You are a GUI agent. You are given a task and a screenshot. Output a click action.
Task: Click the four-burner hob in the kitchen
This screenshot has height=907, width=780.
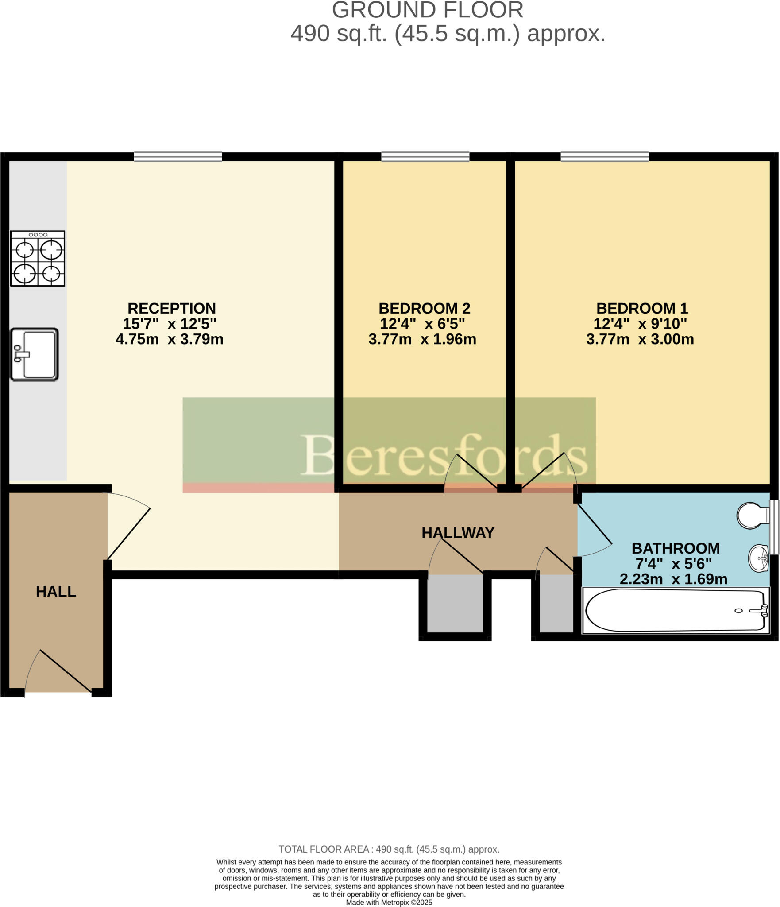click(x=38, y=259)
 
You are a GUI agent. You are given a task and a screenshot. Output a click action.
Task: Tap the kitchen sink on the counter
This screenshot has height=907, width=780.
click(x=35, y=354)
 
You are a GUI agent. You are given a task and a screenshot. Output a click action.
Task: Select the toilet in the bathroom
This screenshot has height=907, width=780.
click(x=753, y=515)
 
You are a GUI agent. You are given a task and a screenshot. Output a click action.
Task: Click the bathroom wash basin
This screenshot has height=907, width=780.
click(x=759, y=559)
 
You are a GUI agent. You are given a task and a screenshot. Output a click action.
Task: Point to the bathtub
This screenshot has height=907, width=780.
click(x=676, y=611)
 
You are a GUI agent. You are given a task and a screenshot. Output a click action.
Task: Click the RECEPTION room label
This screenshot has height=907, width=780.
click(x=172, y=308)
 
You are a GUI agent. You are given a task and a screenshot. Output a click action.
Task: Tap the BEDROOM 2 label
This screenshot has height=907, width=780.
click(x=424, y=308)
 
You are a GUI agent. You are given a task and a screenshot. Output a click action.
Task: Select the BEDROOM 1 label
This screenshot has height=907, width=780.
click(x=642, y=308)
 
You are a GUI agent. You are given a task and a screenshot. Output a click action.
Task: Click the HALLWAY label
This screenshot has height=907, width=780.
click(x=458, y=533)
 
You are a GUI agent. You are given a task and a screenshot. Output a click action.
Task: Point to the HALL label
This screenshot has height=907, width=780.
click(x=56, y=592)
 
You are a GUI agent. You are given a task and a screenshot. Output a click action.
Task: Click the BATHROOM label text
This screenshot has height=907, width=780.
click(x=676, y=548)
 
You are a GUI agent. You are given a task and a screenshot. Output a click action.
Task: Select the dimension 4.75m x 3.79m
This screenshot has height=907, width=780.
click(x=170, y=339)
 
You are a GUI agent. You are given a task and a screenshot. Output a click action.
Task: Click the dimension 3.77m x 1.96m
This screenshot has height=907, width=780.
click(x=422, y=339)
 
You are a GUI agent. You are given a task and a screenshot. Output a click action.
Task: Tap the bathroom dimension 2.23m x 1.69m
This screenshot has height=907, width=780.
click(x=673, y=579)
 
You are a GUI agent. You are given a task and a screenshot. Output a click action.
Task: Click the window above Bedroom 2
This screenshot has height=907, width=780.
click(x=425, y=157)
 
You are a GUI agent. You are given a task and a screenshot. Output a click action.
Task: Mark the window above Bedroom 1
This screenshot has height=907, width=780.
click(x=605, y=157)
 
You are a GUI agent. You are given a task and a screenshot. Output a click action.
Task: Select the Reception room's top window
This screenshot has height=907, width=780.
click(x=178, y=157)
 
